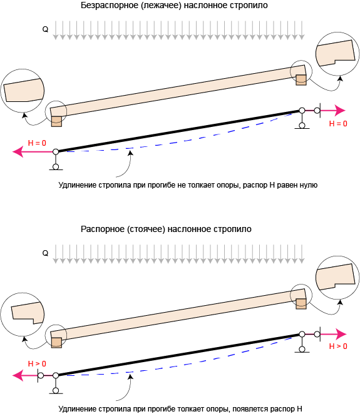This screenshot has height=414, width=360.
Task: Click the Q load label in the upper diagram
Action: [x=45, y=29]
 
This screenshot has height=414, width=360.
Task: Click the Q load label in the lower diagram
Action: [x=45, y=253]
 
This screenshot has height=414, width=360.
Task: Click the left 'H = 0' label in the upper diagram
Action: [x=37, y=143]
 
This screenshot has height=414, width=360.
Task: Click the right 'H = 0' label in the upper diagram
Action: [x=338, y=124]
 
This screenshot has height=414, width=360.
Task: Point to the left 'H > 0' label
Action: [x=37, y=363]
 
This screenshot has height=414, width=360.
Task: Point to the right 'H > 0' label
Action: [x=338, y=346]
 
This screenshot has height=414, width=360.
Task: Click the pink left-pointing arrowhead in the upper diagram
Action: [x=18, y=152]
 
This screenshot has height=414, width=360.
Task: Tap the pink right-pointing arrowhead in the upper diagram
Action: [x=340, y=110]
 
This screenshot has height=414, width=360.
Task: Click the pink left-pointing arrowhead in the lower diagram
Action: [x=18, y=375]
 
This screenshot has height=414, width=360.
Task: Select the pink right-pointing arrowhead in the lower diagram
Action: [x=341, y=334]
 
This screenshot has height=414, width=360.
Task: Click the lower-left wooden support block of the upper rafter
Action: [x=56, y=121]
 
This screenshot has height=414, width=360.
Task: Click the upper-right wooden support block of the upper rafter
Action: [x=301, y=80]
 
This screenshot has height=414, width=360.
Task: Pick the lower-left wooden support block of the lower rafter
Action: [x=56, y=343]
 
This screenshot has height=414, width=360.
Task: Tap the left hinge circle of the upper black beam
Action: [x=56, y=152]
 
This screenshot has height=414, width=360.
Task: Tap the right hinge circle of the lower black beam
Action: [x=302, y=334]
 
